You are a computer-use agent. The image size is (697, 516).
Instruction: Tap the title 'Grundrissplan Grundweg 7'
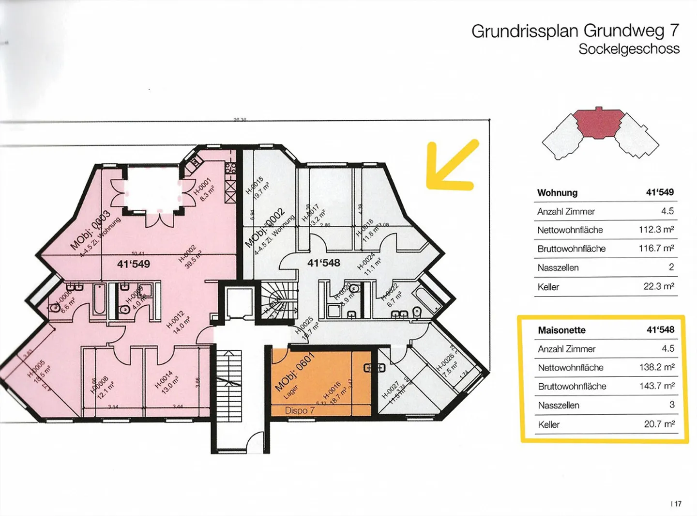[575, 31]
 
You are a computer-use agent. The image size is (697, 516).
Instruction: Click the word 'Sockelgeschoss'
[629, 49]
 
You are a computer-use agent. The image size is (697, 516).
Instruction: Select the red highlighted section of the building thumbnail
[598, 123]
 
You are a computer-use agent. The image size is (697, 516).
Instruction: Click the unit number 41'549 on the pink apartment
[134, 264]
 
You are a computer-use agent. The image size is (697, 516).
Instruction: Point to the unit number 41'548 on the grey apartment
[324, 263]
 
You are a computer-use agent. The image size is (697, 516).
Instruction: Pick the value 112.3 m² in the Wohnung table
[656, 230]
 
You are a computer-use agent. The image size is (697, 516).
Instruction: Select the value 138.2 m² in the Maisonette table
[657, 367]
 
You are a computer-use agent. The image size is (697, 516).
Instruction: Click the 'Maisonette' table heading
[561, 330]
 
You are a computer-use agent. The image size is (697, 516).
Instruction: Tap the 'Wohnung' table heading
[557, 193]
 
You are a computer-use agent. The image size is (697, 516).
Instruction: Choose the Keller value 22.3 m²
[659, 286]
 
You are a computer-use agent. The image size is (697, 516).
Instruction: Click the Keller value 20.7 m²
[659, 424]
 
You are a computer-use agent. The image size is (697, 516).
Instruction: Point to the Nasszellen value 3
[671, 405]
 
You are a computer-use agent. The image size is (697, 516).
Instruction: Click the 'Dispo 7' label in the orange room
[300, 410]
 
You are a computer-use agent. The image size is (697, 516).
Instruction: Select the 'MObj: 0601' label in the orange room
[294, 372]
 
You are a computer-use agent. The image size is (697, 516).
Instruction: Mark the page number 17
[677, 504]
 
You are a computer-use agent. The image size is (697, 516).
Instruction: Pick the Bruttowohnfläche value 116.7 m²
[656, 248]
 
